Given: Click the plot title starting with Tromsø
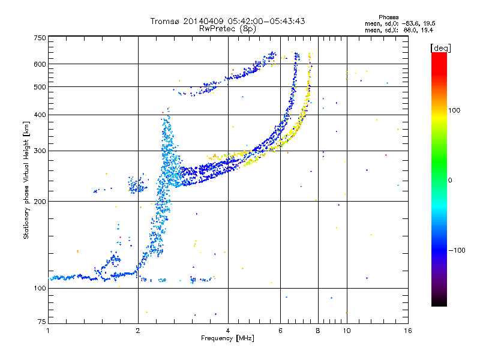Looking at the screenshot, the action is point(227,21).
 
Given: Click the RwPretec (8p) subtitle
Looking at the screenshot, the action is point(227,29).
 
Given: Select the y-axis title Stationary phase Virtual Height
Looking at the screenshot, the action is point(26,180).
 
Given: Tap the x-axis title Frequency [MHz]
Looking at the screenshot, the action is point(227,338).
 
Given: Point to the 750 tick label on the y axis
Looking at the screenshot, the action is point(40,38).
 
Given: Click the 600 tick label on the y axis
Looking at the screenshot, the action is point(40,64).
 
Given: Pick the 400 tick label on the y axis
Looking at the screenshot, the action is point(40,115).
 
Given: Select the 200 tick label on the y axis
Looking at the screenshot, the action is point(40,202).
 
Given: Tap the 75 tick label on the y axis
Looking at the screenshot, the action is point(41,322).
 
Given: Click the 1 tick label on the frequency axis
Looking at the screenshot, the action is point(48,331).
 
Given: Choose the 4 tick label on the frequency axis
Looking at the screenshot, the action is point(228,331).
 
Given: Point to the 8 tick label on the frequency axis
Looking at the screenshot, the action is point(318,331).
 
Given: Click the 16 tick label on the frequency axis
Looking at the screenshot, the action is point(408,331).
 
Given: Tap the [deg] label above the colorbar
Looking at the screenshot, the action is point(440,49).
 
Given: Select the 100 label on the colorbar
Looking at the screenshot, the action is point(454,110).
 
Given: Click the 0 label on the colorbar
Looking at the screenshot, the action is point(450,181).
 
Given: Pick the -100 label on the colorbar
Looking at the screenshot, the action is point(457,250).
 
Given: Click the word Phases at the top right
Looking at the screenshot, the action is point(388,17).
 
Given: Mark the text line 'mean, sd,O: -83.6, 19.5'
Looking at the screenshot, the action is point(400,24).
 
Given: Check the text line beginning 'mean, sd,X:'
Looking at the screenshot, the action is point(399,31).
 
